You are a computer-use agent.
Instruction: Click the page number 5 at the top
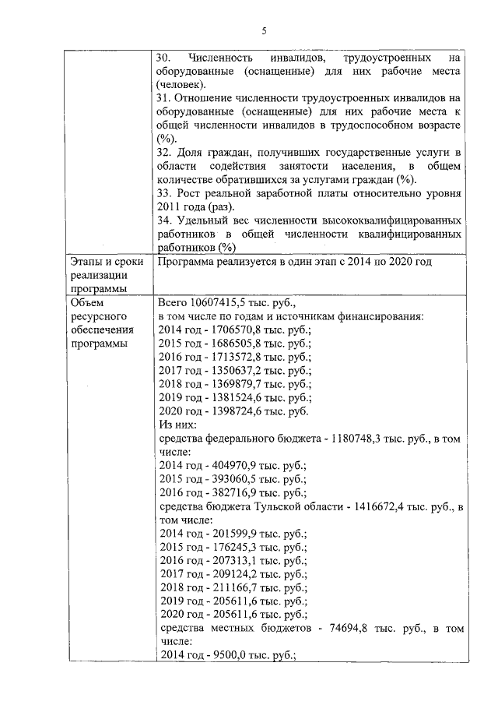[264, 31]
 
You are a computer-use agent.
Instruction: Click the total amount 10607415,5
[220, 302]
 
